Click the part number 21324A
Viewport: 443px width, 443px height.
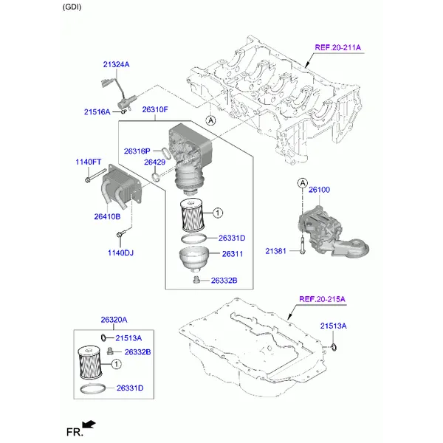[116, 65]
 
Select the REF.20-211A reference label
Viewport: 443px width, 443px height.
[337, 47]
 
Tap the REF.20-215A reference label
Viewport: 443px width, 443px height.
[322, 299]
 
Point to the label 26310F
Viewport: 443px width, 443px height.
[155, 110]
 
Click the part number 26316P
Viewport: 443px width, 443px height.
[137, 151]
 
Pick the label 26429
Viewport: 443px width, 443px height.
[154, 162]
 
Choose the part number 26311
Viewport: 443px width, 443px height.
[233, 254]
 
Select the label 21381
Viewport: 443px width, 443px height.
[277, 252]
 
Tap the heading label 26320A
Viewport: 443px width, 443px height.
[114, 320]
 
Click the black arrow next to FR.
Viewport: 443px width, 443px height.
[89, 424]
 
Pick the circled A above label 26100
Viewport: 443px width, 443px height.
[302, 182]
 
